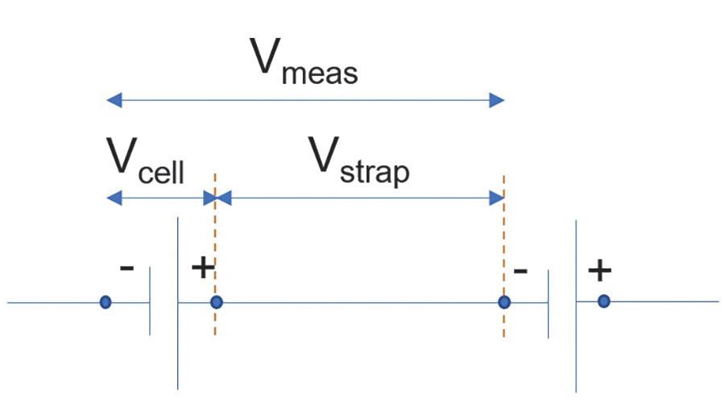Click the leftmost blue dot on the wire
pos(105,302)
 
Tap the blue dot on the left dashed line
pos(215,302)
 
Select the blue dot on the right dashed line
pos(504,302)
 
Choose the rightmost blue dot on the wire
pos(603,302)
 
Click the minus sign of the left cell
pos(126,267)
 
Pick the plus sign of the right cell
pos(599,271)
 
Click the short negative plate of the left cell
pos(150,303)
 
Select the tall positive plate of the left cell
pos(177,302)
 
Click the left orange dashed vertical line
pos(215,242)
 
